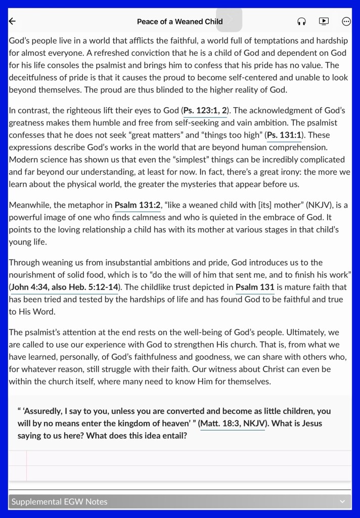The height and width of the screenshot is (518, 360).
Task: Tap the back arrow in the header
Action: tap(13, 21)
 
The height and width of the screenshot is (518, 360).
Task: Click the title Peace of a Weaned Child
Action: tap(179, 22)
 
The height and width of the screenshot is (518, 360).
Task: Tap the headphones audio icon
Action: tap(302, 21)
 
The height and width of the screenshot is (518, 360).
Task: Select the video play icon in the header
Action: tap(324, 21)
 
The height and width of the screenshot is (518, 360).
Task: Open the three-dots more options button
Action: tap(346, 21)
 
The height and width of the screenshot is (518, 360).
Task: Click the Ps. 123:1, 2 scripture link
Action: tap(205, 110)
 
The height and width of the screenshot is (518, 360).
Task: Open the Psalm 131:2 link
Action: tap(138, 205)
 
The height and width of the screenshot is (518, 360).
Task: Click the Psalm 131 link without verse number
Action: tap(255, 287)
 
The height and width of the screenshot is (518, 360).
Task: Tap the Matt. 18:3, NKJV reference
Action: tap(233, 423)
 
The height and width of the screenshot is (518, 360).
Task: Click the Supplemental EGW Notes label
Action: tap(60, 502)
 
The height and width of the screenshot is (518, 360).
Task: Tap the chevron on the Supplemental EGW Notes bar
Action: tap(342, 502)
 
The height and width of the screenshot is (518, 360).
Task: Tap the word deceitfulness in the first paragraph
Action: tap(33, 78)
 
